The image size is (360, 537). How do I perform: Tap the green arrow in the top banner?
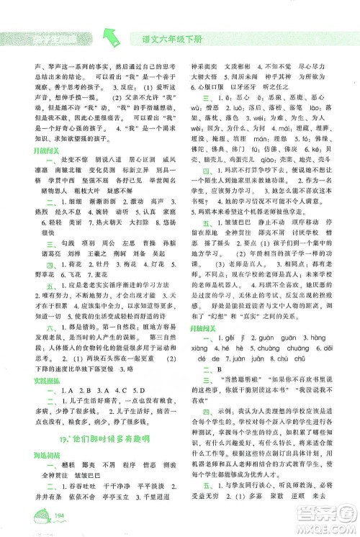pos(112,35)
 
